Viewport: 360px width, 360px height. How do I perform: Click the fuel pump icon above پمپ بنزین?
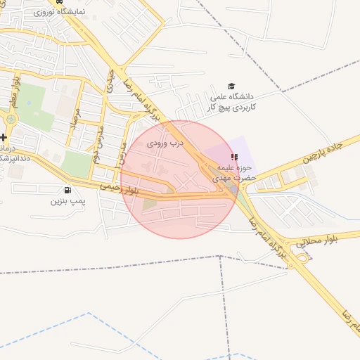[x=67, y=189]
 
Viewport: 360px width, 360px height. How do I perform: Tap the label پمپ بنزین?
[x=67, y=201]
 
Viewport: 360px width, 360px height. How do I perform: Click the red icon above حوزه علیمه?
[x=234, y=157]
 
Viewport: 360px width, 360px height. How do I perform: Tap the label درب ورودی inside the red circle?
[x=166, y=143]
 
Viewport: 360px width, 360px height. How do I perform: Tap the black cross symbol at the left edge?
[x=4, y=137]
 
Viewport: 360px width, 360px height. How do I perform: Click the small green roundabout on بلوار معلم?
[x=10, y=119]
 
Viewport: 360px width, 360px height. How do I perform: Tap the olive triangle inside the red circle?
[x=150, y=205]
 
